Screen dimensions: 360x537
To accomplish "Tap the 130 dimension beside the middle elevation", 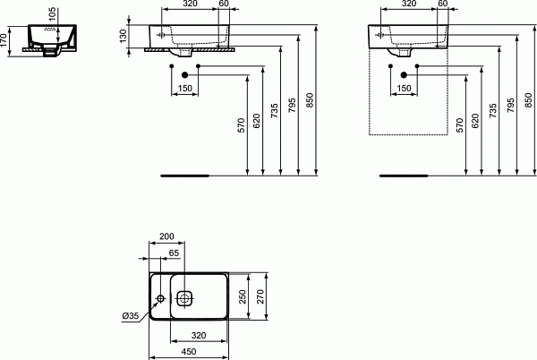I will pyautogui.click(x=124, y=36).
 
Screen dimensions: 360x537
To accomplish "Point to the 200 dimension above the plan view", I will pyautogui.click(x=166, y=236).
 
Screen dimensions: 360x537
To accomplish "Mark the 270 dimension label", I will pyautogui.click(x=260, y=296).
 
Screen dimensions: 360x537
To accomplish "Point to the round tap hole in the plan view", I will pyautogui.click(x=160, y=297).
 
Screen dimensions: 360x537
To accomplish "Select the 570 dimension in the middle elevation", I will pyautogui.click(x=241, y=125).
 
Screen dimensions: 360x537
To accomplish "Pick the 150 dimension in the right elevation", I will pyautogui.click(x=404, y=89).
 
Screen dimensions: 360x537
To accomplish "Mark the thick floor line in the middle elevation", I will pyautogui.click(x=183, y=176).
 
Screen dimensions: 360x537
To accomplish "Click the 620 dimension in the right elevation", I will pyautogui.click(x=476, y=120).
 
